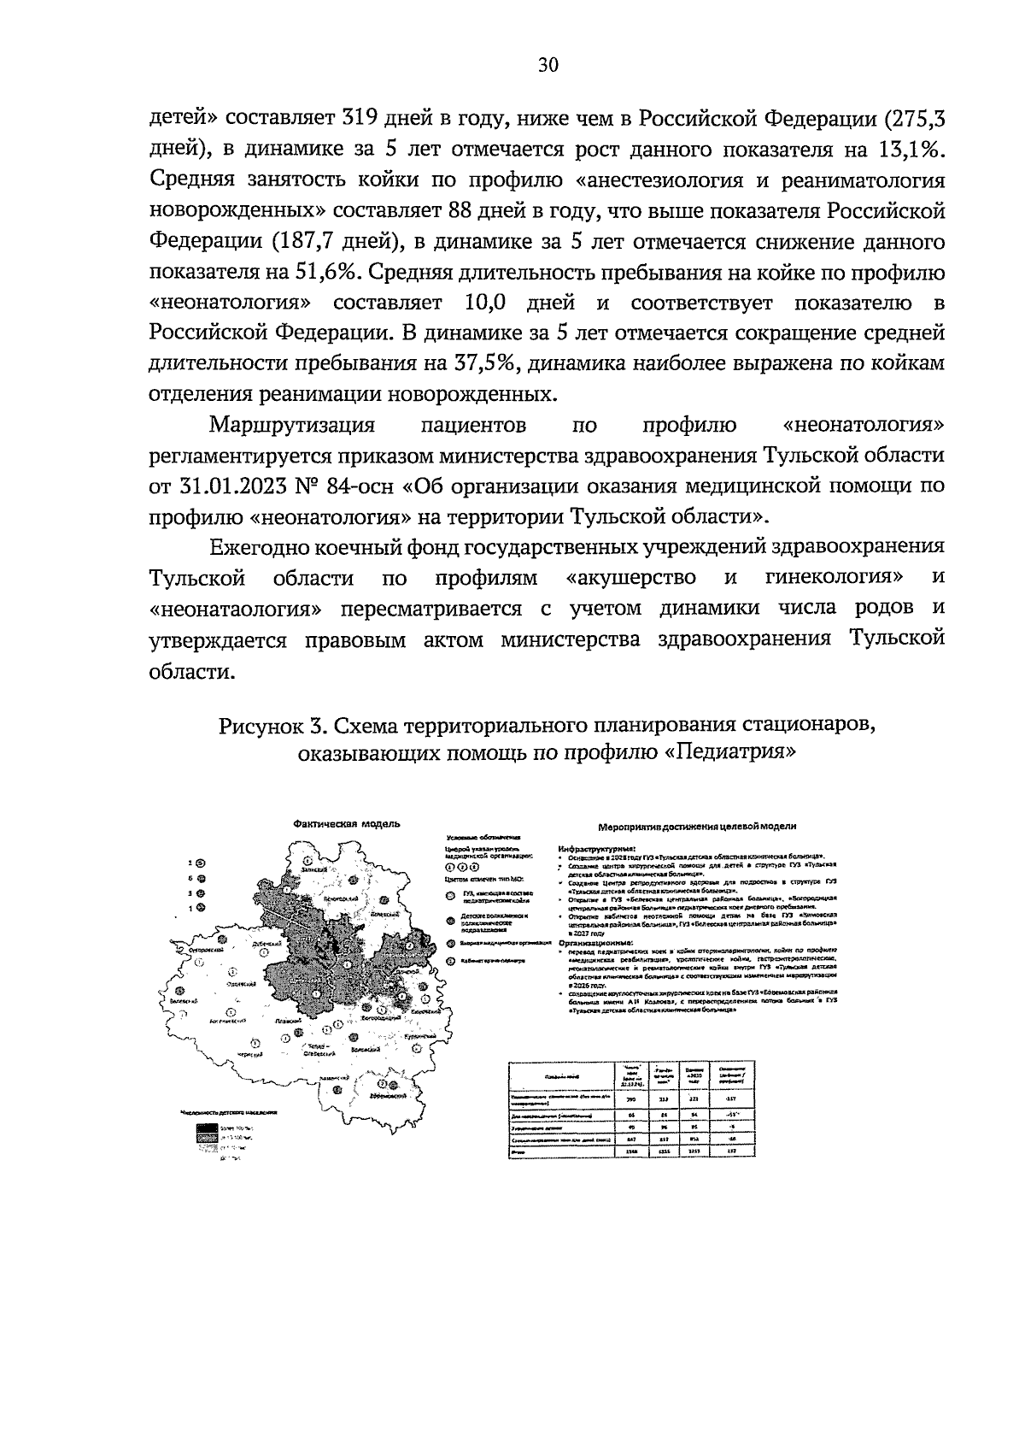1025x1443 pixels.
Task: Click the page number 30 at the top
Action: [548, 66]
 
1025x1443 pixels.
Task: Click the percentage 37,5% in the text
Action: [479, 364]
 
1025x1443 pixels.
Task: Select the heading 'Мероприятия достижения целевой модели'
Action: [698, 827]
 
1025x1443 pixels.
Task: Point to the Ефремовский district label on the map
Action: [390, 1095]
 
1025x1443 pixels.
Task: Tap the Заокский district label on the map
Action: [313, 869]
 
